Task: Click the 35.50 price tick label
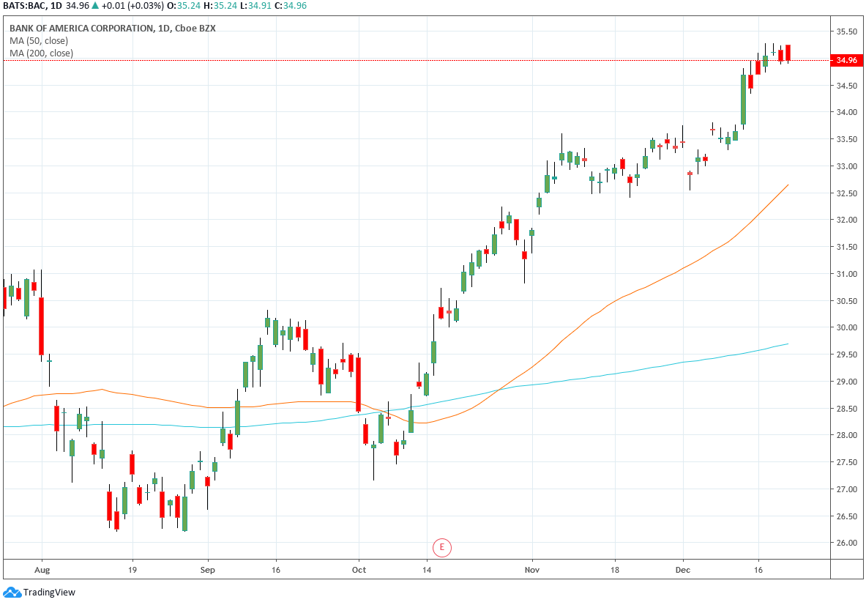[846, 31]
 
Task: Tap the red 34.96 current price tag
[846, 60]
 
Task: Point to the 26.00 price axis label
[846, 543]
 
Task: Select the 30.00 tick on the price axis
[846, 327]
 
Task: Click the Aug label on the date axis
[42, 568]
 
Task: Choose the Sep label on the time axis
[208, 568]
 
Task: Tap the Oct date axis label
[359, 568]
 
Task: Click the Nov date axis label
[532, 568]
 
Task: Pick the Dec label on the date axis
[683, 568]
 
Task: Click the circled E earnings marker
[441, 546]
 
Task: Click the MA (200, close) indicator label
[41, 53]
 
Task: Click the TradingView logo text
[49, 593]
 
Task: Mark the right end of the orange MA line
[788, 185]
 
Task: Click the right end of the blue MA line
[788, 344]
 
